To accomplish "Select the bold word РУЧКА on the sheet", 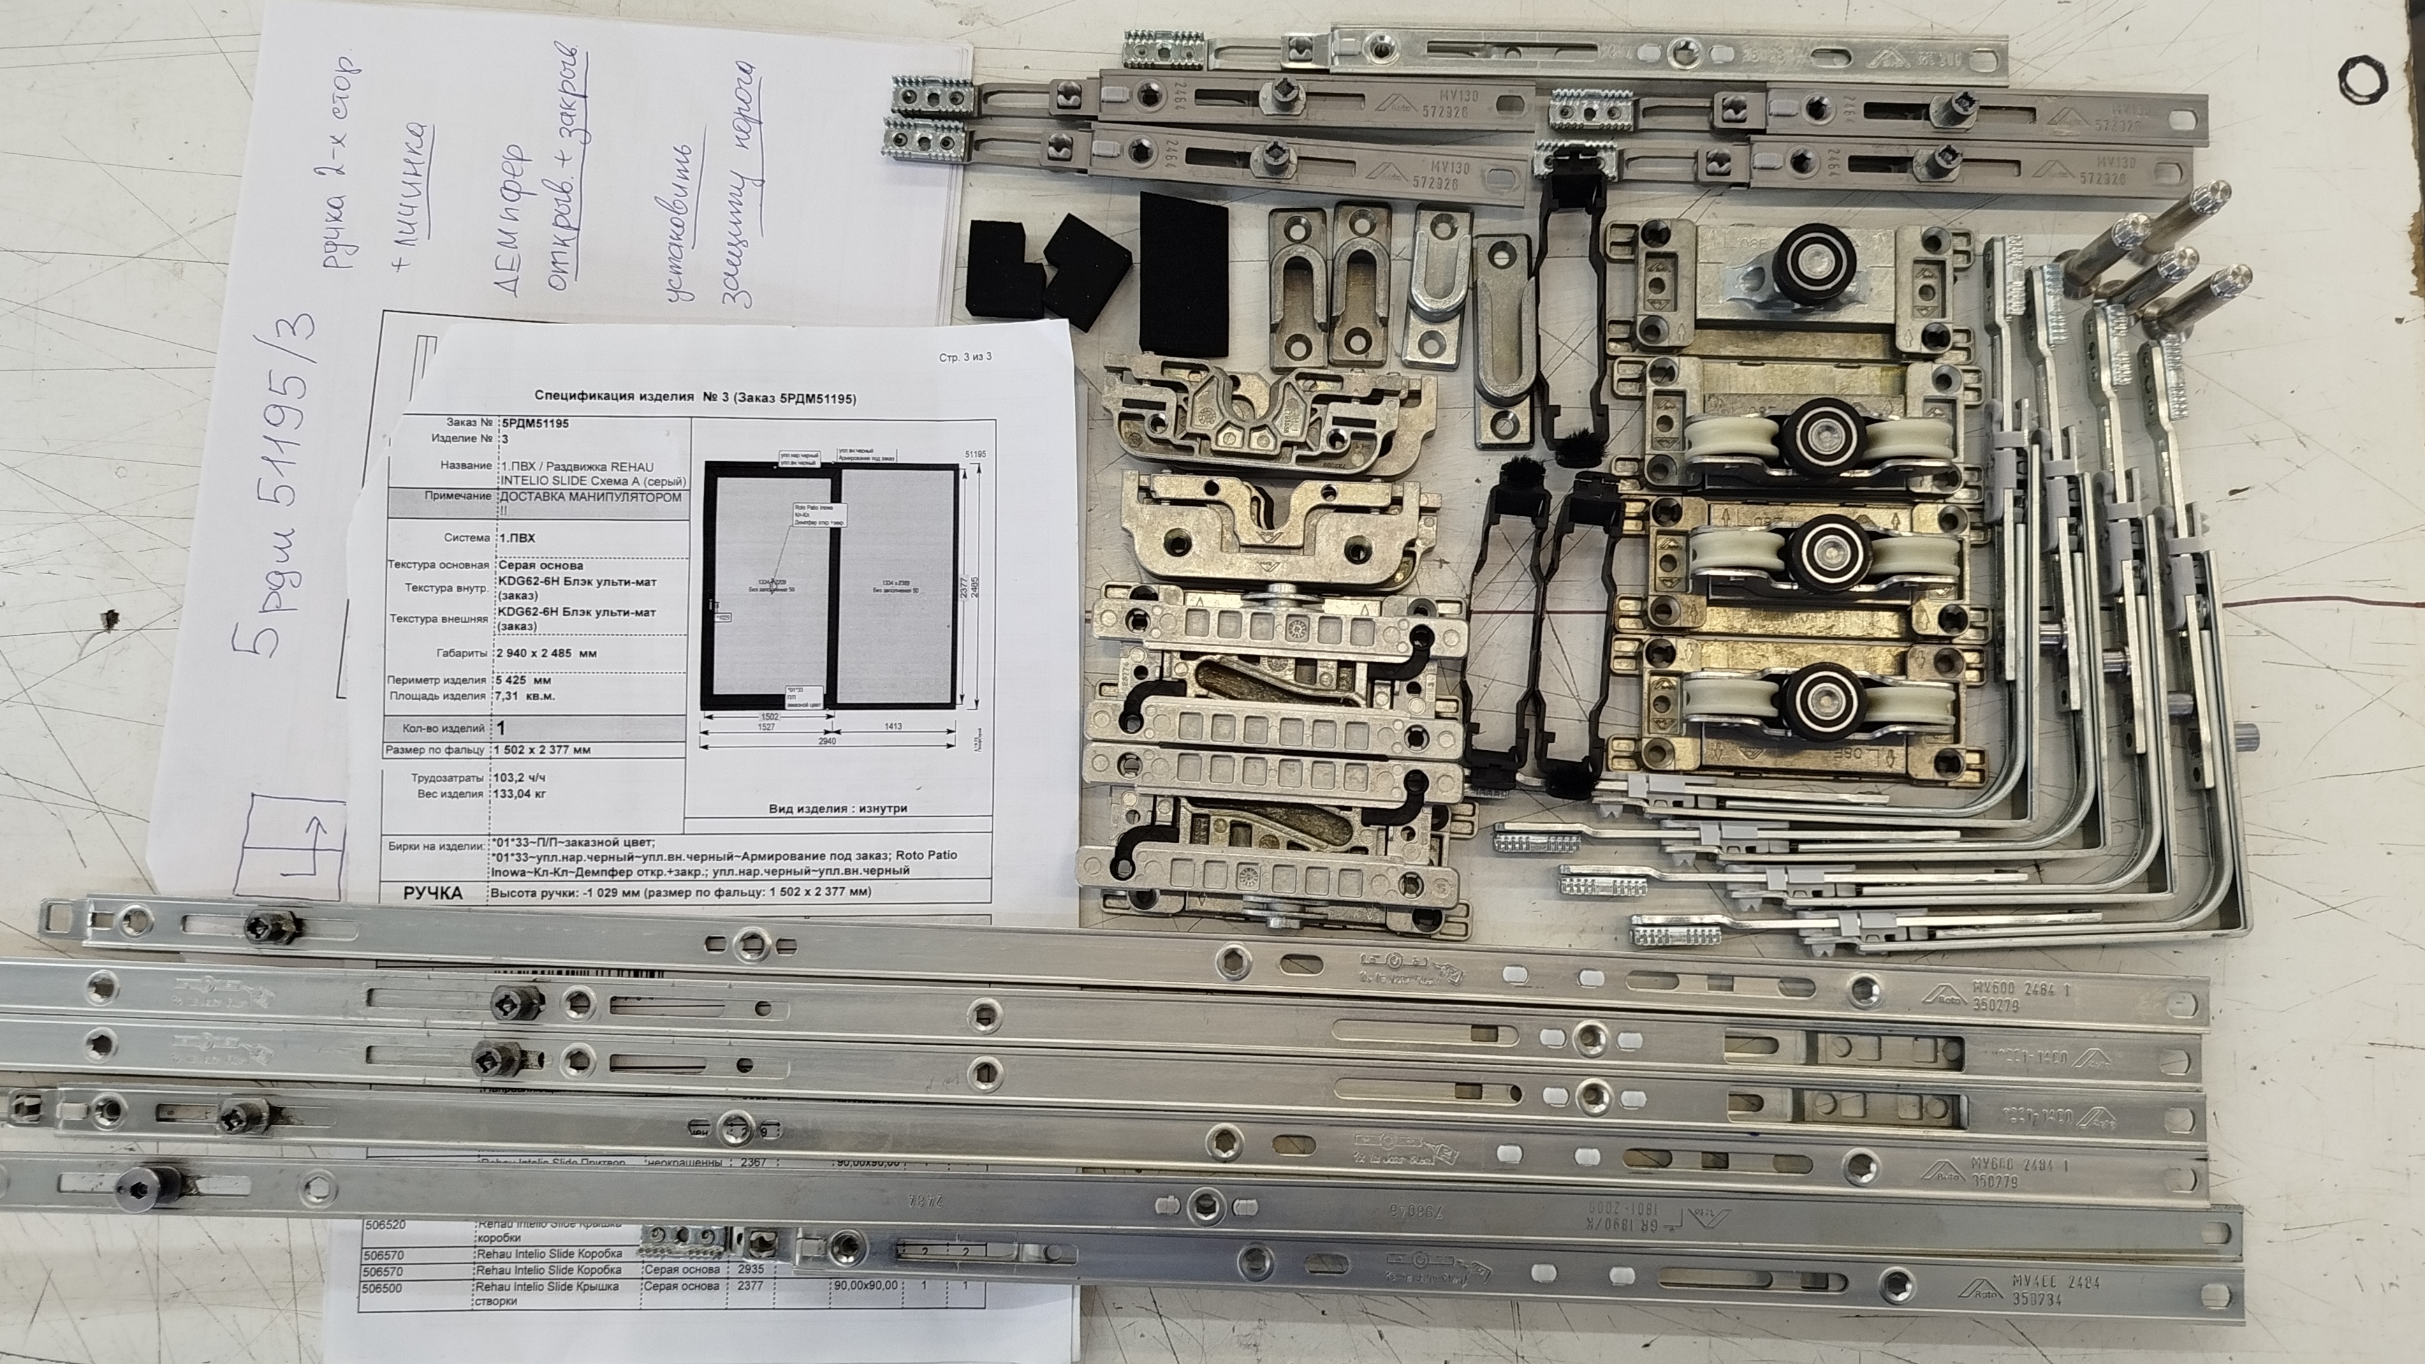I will pos(432,893).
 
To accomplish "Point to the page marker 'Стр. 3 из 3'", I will pos(965,357).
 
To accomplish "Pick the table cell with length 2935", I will pos(750,1269).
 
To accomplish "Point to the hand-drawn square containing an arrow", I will pos(289,841).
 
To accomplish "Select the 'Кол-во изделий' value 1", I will pos(501,728).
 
